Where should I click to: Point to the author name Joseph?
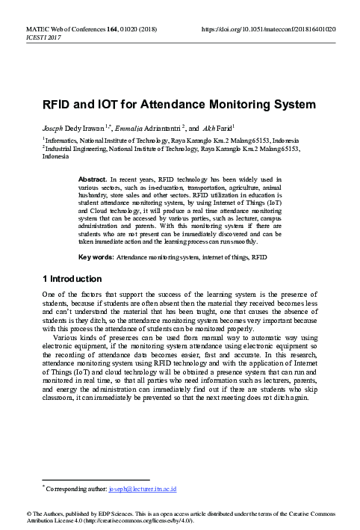click(55, 128)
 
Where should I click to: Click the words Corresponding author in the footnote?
click(75, 489)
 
